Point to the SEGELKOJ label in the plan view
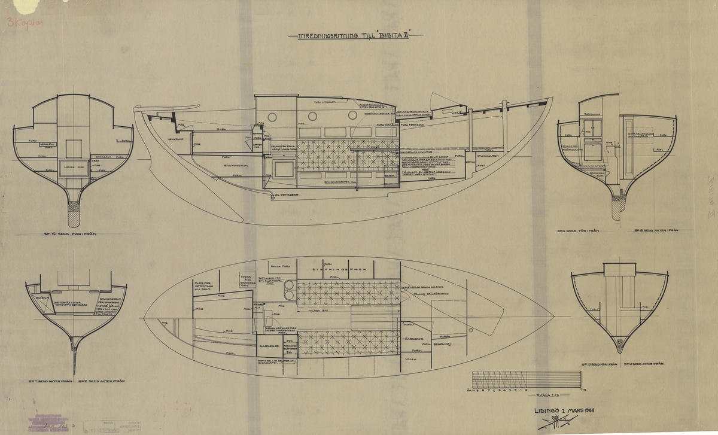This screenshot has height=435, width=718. [x=434, y=345]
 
